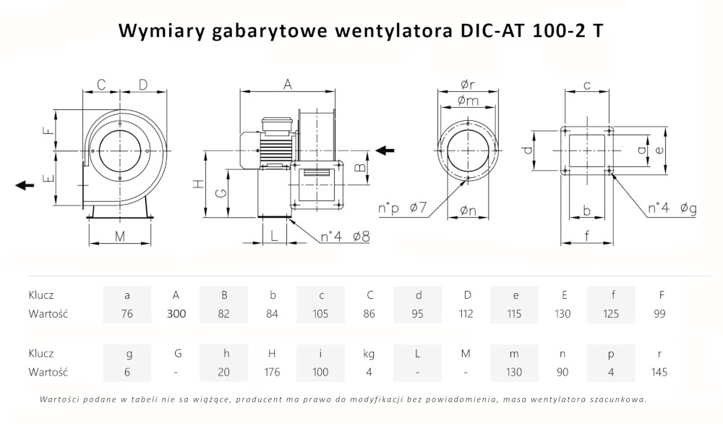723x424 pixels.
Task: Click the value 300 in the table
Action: (176, 314)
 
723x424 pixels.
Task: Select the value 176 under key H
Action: (273, 372)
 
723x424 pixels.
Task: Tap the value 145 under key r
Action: (659, 372)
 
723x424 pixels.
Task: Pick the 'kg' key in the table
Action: (369, 353)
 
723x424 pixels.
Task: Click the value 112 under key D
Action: (466, 314)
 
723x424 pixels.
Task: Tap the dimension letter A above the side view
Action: (287, 85)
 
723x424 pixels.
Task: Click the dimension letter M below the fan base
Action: (120, 236)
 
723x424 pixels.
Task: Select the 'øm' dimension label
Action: (468, 101)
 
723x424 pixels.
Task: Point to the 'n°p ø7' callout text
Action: (403, 209)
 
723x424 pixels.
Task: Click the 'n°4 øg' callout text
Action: (672, 209)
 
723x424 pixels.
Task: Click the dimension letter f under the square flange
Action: (587, 234)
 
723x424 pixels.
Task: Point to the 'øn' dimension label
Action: (468, 212)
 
